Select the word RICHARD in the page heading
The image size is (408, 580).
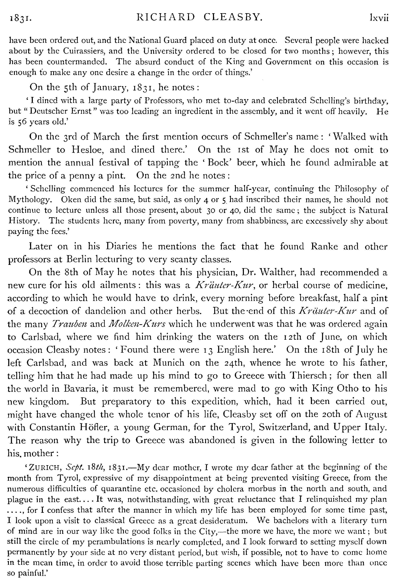click(x=166, y=17)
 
